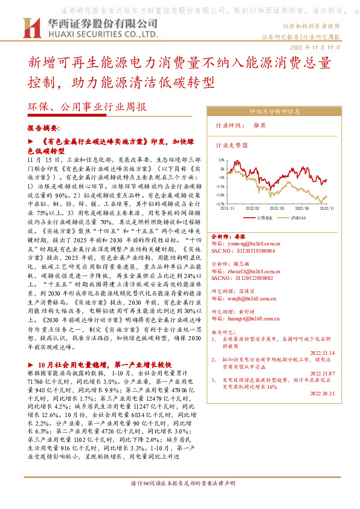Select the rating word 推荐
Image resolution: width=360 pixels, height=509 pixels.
[x=260, y=126]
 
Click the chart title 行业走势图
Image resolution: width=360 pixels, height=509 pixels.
[x=232, y=146]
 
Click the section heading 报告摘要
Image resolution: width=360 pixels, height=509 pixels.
[x=43, y=129]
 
